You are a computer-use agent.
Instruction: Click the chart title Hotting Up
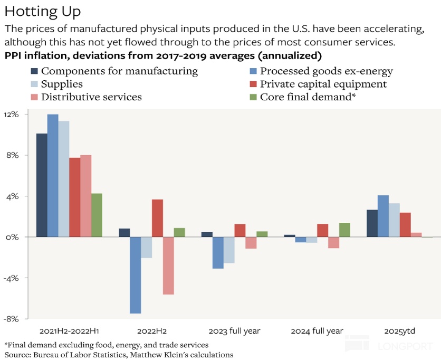pyautogui.click(x=43, y=12)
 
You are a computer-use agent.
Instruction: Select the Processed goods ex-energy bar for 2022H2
pyautogui.click(x=135, y=275)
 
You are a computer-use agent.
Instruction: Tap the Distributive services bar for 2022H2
pyautogui.click(x=168, y=266)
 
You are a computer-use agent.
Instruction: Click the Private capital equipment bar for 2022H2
pyautogui.click(x=157, y=218)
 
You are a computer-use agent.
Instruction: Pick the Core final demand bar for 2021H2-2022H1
pyautogui.click(x=97, y=215)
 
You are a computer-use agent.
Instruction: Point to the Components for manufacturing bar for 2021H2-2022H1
pyautogui.click(x=42, y=185)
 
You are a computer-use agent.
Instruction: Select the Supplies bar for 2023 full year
pyautogui.click(x=229, y=250)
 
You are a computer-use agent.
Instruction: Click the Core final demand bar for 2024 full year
pyautogui.click(x=344, y=230)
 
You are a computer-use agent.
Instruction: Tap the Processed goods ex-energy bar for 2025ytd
pyautogui.click(x=383, y=216)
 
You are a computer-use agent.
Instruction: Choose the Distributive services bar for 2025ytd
pyautogui.click(x=416, y=235)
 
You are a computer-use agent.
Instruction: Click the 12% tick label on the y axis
pyautogui.click(x=11, y=114)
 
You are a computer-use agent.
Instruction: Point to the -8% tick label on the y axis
pyautogui.click(x=11, y=319)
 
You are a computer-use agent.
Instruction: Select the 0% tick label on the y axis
pyautogui.click(x=12, y=237)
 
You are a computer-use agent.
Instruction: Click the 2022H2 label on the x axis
pyautogui.click(x=152, y=331)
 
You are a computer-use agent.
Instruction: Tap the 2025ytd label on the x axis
pyautogui.click(x=400, y=331)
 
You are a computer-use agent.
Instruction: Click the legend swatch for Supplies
pyautogui.click(x=34, y=84)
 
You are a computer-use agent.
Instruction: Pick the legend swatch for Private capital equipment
pyautogui.click(x=253, y=84)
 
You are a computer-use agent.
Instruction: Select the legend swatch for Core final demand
pyautogui.click(x=253, y=97)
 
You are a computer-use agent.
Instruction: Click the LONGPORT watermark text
pyautogui.click(x=405, y=346)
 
